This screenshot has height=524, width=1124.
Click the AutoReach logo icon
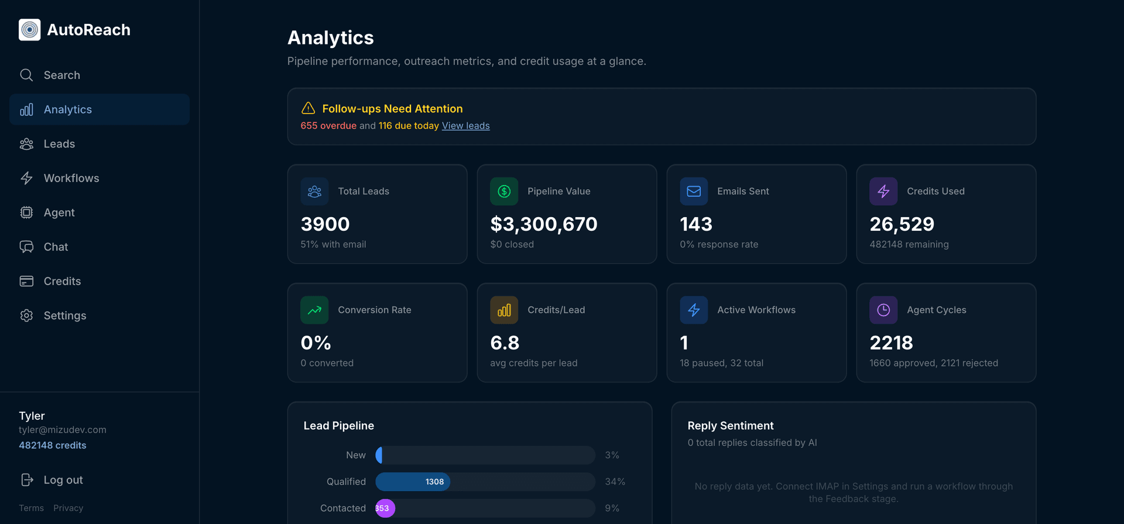tap(29, 30)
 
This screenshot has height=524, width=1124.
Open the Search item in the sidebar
tap(61, 75)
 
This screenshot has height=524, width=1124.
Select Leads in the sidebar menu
tap(59, 144)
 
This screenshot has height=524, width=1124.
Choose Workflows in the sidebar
tap(71, 178)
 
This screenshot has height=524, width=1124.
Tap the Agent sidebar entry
tap(59, 213)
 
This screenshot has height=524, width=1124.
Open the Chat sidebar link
tap(56, 247)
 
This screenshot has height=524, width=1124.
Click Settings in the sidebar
tap(64, 316)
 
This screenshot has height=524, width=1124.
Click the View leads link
tap(465, 126)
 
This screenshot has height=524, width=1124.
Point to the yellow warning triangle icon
tap(308, 108)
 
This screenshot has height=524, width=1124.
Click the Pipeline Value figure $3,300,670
tap(543, 224)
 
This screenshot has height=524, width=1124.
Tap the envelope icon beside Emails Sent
tap(694, 191)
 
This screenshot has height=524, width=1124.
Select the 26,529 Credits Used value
tap(902, 224)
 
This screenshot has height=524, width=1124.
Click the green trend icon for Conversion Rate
tap(314, 310)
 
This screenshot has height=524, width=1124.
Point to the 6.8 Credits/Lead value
tap(505, 343)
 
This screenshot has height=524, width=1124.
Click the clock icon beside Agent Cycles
tap(883, 310)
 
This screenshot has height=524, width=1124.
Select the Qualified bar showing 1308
tap(413, 482)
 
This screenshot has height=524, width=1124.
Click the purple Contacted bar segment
tap(385, 508)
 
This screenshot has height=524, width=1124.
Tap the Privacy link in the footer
tap(68, 508)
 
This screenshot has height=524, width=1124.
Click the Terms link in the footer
tap(31, 508)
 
